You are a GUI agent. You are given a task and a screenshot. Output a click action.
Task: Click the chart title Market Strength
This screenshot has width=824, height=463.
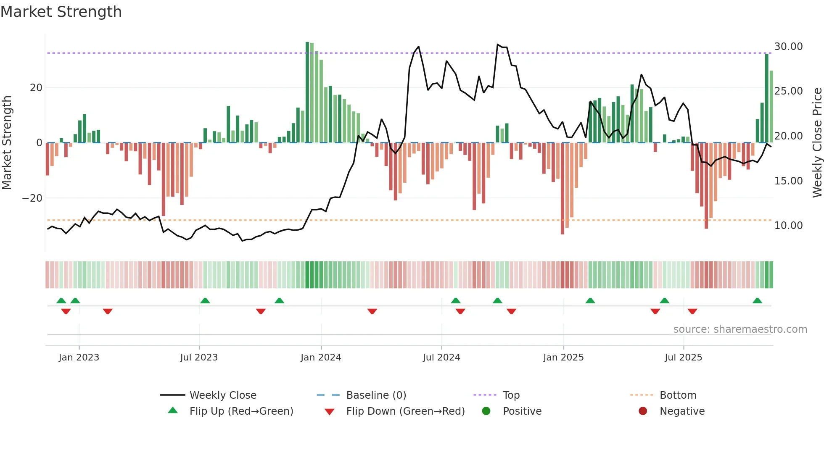[x=61, y=12]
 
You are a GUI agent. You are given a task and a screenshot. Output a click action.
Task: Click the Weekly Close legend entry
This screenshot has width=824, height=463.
[x=222, y=395]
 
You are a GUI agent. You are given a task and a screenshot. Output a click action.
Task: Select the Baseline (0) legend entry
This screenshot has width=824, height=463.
[x=376, y=395]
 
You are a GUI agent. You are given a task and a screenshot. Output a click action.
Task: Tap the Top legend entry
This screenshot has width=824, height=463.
[x=511, y=395]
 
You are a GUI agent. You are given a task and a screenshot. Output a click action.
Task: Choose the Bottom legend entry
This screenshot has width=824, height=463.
[x=678, y=395]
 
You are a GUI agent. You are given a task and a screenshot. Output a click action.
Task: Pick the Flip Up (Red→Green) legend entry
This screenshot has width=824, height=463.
[x=241, y=411]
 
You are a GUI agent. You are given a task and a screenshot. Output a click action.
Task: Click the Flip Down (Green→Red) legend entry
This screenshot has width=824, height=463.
[x=405, y=411]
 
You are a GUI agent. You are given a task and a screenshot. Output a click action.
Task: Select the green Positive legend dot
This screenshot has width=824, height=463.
[x=486, y=411]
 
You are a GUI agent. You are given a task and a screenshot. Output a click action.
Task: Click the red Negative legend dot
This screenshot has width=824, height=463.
[x=643, y=411]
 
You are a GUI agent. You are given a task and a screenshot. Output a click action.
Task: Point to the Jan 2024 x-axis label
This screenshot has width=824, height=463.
[x=321, y=358]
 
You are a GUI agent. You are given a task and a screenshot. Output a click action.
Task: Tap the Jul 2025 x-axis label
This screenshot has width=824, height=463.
[x=683, y=358]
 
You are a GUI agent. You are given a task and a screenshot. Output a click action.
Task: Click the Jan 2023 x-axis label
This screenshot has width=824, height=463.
[x=79, y=358]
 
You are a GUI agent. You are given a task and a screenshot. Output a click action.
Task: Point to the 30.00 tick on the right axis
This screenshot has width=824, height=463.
[x=788, y=47]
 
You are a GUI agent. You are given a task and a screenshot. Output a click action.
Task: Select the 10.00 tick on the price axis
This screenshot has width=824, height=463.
[x=788, y=226]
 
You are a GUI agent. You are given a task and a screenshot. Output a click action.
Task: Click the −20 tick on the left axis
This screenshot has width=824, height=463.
[x=32, y=198]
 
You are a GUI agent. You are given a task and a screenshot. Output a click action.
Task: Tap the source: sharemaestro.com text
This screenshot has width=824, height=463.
[x=740, y=329]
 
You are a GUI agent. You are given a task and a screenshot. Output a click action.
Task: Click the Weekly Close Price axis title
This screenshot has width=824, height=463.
[x=817, y=143]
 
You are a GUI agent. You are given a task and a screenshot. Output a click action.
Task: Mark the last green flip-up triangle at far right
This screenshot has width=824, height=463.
[x=757, y=300]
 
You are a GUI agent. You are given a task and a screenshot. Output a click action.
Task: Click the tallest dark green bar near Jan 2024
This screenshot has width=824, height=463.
[x=307, y=92]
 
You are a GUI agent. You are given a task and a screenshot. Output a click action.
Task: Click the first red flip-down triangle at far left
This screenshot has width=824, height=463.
[x=66, y=311]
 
